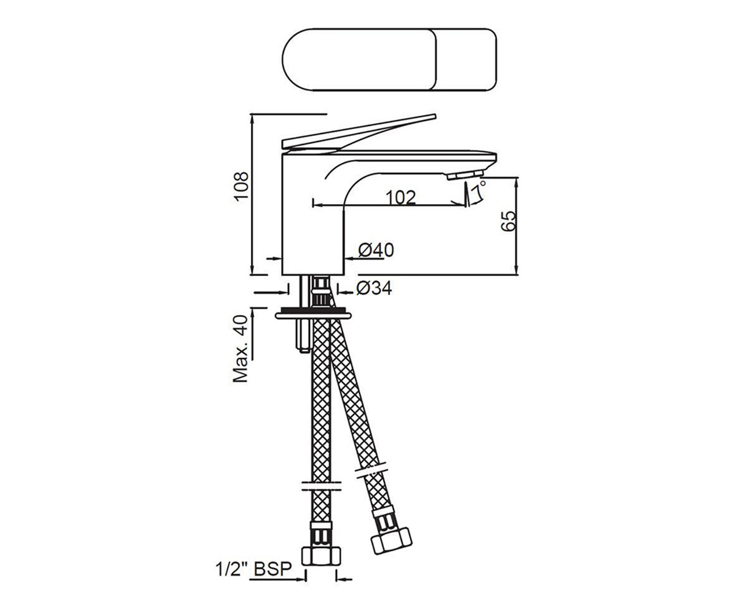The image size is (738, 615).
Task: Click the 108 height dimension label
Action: point(242,186)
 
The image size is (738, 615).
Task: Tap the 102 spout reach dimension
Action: point(400,197)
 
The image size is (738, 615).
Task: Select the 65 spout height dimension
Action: point(509,221)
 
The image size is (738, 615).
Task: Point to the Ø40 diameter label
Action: point(376,250)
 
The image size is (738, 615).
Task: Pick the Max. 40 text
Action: point(240,349)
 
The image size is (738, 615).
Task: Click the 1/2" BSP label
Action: point(254,569)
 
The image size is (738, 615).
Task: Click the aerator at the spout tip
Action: point(465,175)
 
